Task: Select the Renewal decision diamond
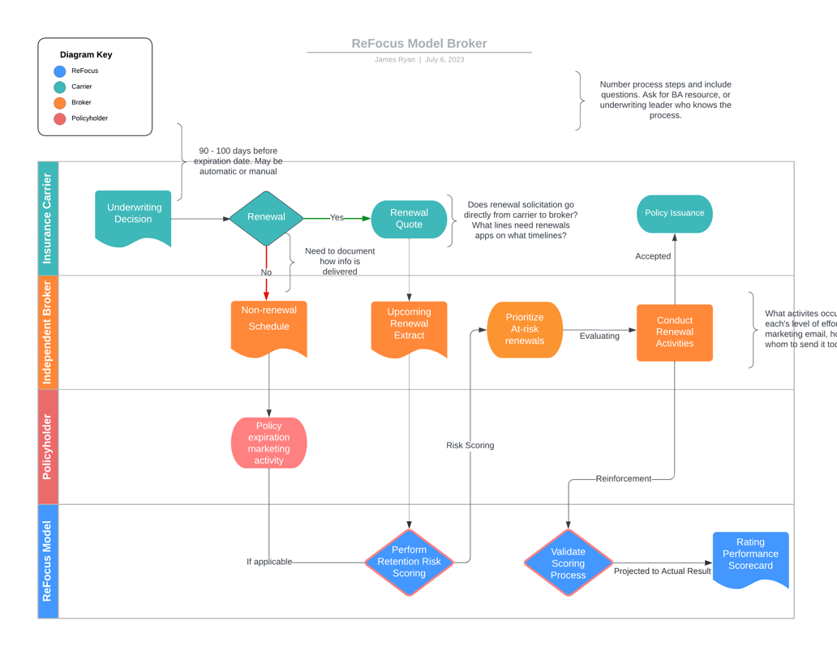point(266,217)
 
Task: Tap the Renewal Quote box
point(409,219)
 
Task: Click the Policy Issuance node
point(674,213)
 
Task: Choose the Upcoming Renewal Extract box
point(409,326)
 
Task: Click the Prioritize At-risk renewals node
point(525,329)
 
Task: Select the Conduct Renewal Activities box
point(674,332)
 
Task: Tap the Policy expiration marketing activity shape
point(268,443)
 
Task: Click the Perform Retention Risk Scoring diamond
point(409,562)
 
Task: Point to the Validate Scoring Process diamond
point(568,563)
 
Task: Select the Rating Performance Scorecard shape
point(750,556)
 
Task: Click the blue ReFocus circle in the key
point(60,71)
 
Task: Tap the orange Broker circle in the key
point(60,103)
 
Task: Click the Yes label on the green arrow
point(337,218)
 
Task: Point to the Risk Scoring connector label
point(470,446)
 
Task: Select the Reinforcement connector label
point(623,479)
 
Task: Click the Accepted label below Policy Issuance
point(653,256)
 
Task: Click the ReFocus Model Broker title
point(419,44)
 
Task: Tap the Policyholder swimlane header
point(48,447)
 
